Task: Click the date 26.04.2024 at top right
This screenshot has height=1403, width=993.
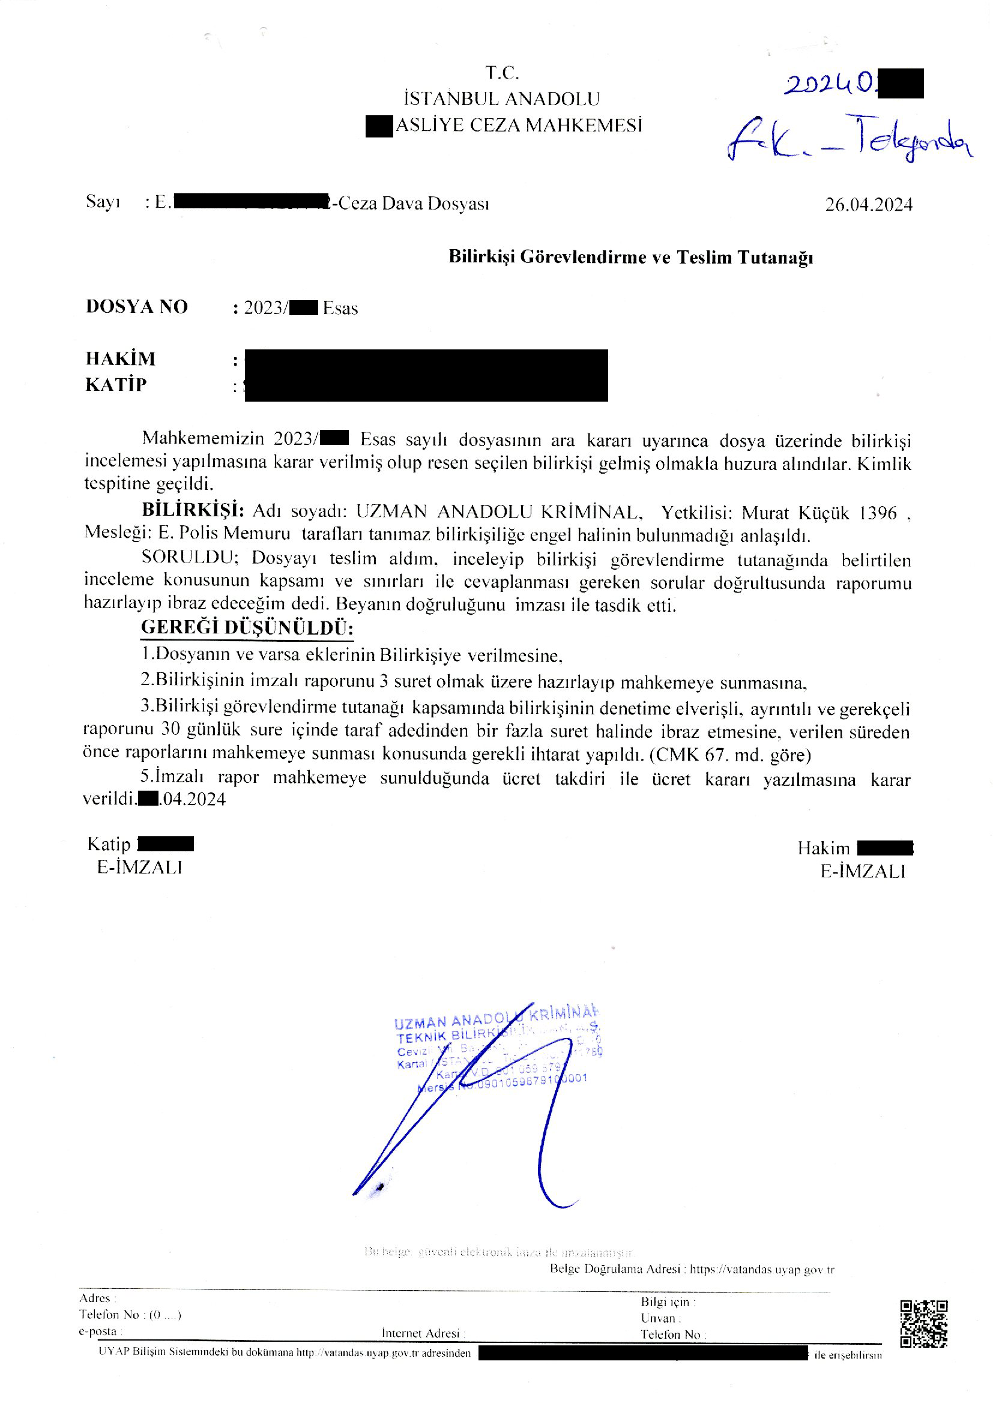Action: pyautogui.click(x=868, y=204)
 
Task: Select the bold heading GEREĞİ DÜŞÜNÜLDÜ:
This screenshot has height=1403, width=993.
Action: pyautogui.click(x=247, y=627)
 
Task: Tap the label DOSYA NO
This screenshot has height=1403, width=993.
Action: pyautogui.click(x=136, y=306)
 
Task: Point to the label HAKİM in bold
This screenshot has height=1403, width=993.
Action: pyautogui.click(x=121, y=358)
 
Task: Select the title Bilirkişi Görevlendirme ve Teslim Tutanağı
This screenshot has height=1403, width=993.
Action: pyautogui.click(x=630, y=257)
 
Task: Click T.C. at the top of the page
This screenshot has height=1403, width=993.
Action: pyautogui.click(x=502, y=73)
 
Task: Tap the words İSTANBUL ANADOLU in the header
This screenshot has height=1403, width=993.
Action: pyautogui.click(x=501, y=98)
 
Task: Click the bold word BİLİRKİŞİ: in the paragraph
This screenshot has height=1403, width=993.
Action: pyautogui.click(x=193, y=510)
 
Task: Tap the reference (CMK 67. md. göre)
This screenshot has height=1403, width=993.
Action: pyautogui.click(x=730, y=755)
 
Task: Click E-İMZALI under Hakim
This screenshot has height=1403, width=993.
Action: pyautogui.click(x=862, y=871)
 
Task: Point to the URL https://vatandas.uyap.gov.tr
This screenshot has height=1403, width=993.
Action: pyautogui.click(x=762, y=1269)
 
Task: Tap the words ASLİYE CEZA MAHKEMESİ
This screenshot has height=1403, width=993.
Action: pyautogui.click(x=519, y=125)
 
